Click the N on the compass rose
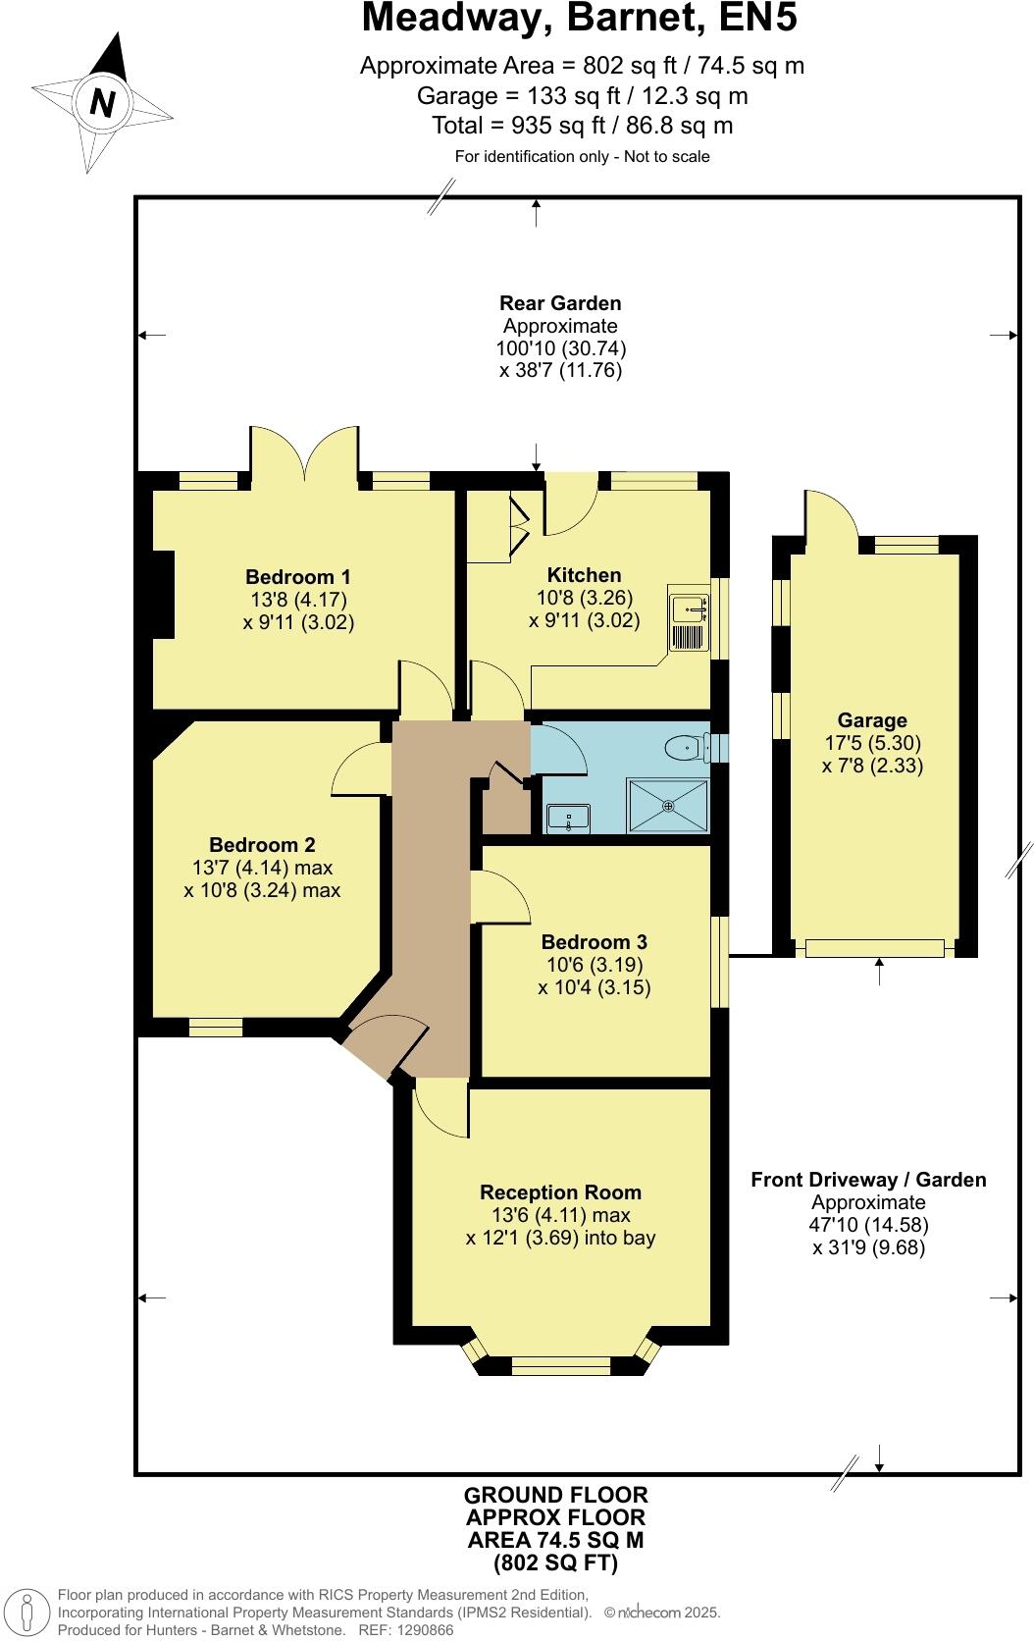click(x=102, y=102)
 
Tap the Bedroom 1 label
click(x=297, y=576)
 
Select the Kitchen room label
click(x=584, y=575)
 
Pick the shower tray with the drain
click(x=668, y=806)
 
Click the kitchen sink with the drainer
click(x=689, y=622)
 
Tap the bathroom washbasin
click(x=567, y=817)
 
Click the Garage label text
click(x=871, y=720)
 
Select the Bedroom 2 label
click(x=262, y=845)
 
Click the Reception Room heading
click(x=560, y=1192)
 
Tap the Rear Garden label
click(x=560, y=303)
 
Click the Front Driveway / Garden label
click(x=868, y=1180)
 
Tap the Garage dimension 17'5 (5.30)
click(x=872, y=743)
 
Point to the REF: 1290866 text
click(x=406, y=1630)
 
